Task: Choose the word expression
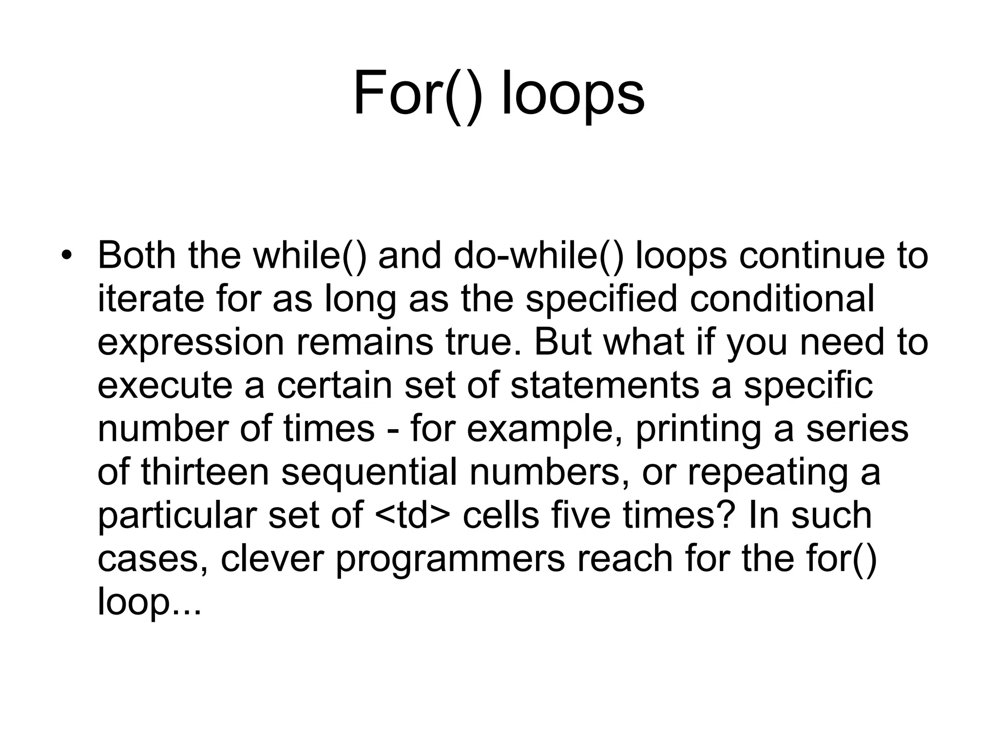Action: pyautogui.click(x=191, y=342)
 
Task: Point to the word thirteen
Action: pyautogui.click(x=205, y=472)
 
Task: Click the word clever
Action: pyautogui.click(x=272, y=558)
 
